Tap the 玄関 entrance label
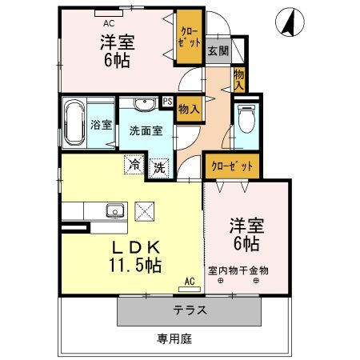point(216,50)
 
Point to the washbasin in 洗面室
point(144,104)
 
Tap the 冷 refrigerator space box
point(133,166)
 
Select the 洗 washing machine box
point(160,167)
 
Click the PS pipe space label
point(167,101)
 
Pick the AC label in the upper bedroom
point(110,13)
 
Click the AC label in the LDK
point(190,281)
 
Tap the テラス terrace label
point(190,310)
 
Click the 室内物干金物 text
point(238,270)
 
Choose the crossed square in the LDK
point(146,211)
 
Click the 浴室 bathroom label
point(101,126)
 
